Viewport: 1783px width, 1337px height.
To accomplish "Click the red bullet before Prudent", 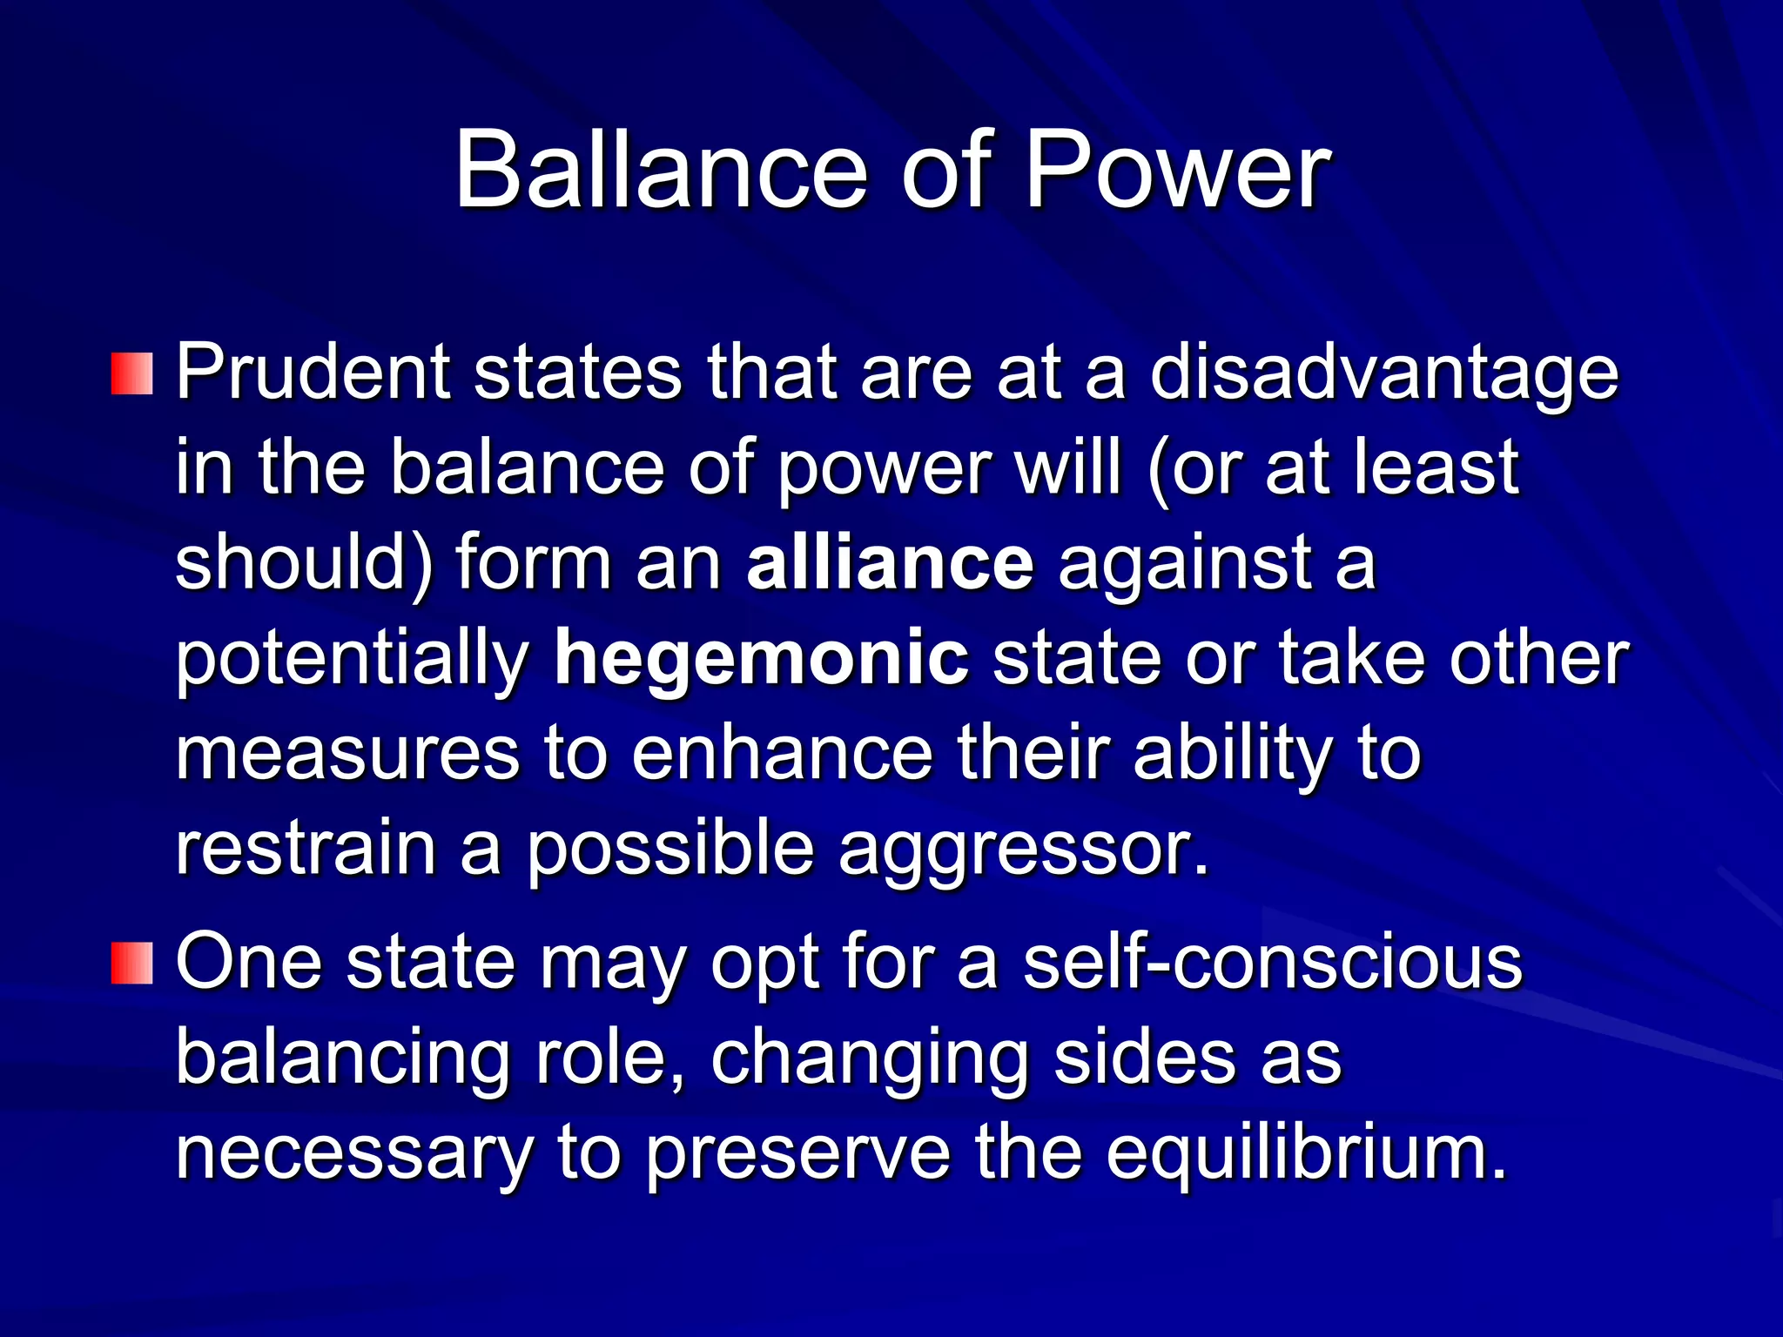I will click(x=132, y=373).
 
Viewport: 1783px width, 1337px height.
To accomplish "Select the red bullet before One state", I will click(x=132, y=964).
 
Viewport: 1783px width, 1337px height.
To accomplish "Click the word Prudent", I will click(x=313, y=373).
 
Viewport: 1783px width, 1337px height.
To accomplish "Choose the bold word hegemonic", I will click(x=761, y=660).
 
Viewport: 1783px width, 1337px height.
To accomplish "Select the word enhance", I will click(x=782, y=754).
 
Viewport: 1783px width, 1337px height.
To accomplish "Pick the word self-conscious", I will click(x=1272, y=963).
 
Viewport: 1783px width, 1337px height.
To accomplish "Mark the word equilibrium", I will click(x=1306, y=1154).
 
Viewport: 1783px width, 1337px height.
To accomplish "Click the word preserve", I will click(x=797, y=1154).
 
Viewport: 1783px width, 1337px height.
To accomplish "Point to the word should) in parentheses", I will click(x=304, y=564).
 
